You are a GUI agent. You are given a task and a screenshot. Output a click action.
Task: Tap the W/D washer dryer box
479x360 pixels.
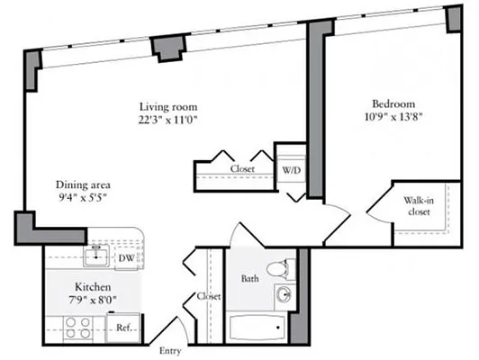coord(292,168)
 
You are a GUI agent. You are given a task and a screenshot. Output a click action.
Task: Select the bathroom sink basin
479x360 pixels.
coord(285,295)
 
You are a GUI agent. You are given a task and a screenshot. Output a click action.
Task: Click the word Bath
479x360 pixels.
coord(250,279)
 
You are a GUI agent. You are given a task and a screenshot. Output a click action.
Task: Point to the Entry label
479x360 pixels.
coord(169,350)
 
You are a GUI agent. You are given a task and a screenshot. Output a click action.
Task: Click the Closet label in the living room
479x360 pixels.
coord(242,169)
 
